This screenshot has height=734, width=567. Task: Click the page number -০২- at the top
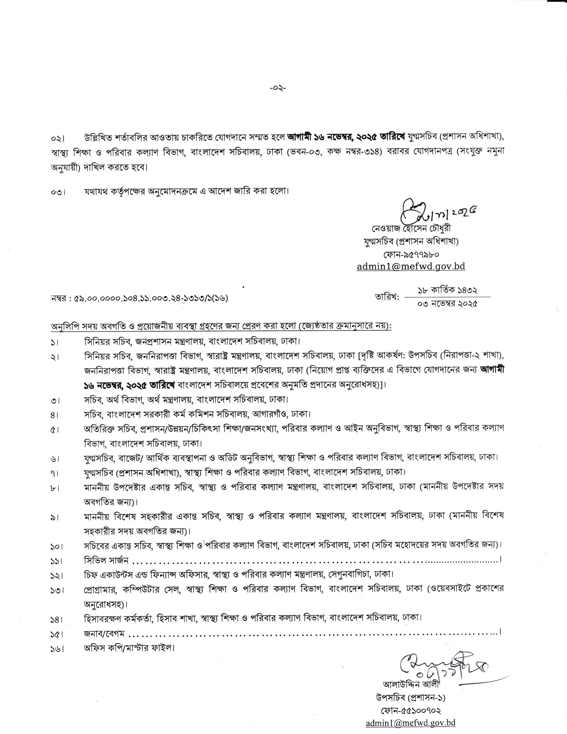pos(278,88)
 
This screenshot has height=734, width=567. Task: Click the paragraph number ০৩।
pos(58,192)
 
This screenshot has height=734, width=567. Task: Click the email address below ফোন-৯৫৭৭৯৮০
pos(411,266)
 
